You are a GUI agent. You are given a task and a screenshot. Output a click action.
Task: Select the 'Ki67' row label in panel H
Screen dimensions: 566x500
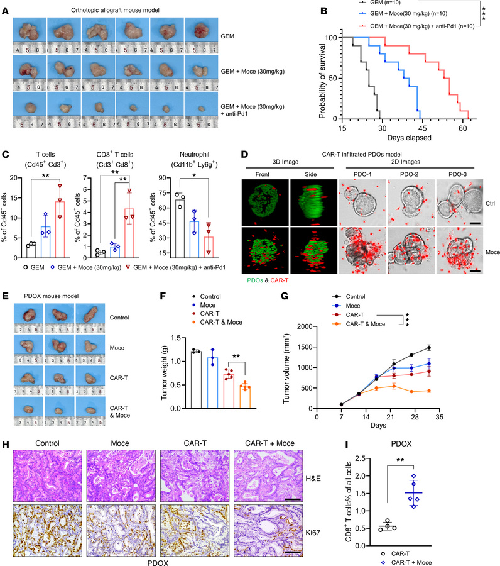(x=483, y=513)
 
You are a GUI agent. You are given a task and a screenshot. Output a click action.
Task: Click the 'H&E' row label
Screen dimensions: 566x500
(x=483, y=463)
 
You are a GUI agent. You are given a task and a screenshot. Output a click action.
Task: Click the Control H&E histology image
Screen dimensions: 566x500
(x=41, y=462)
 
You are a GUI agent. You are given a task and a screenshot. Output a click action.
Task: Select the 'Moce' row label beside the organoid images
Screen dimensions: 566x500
(x=485, y=254)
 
